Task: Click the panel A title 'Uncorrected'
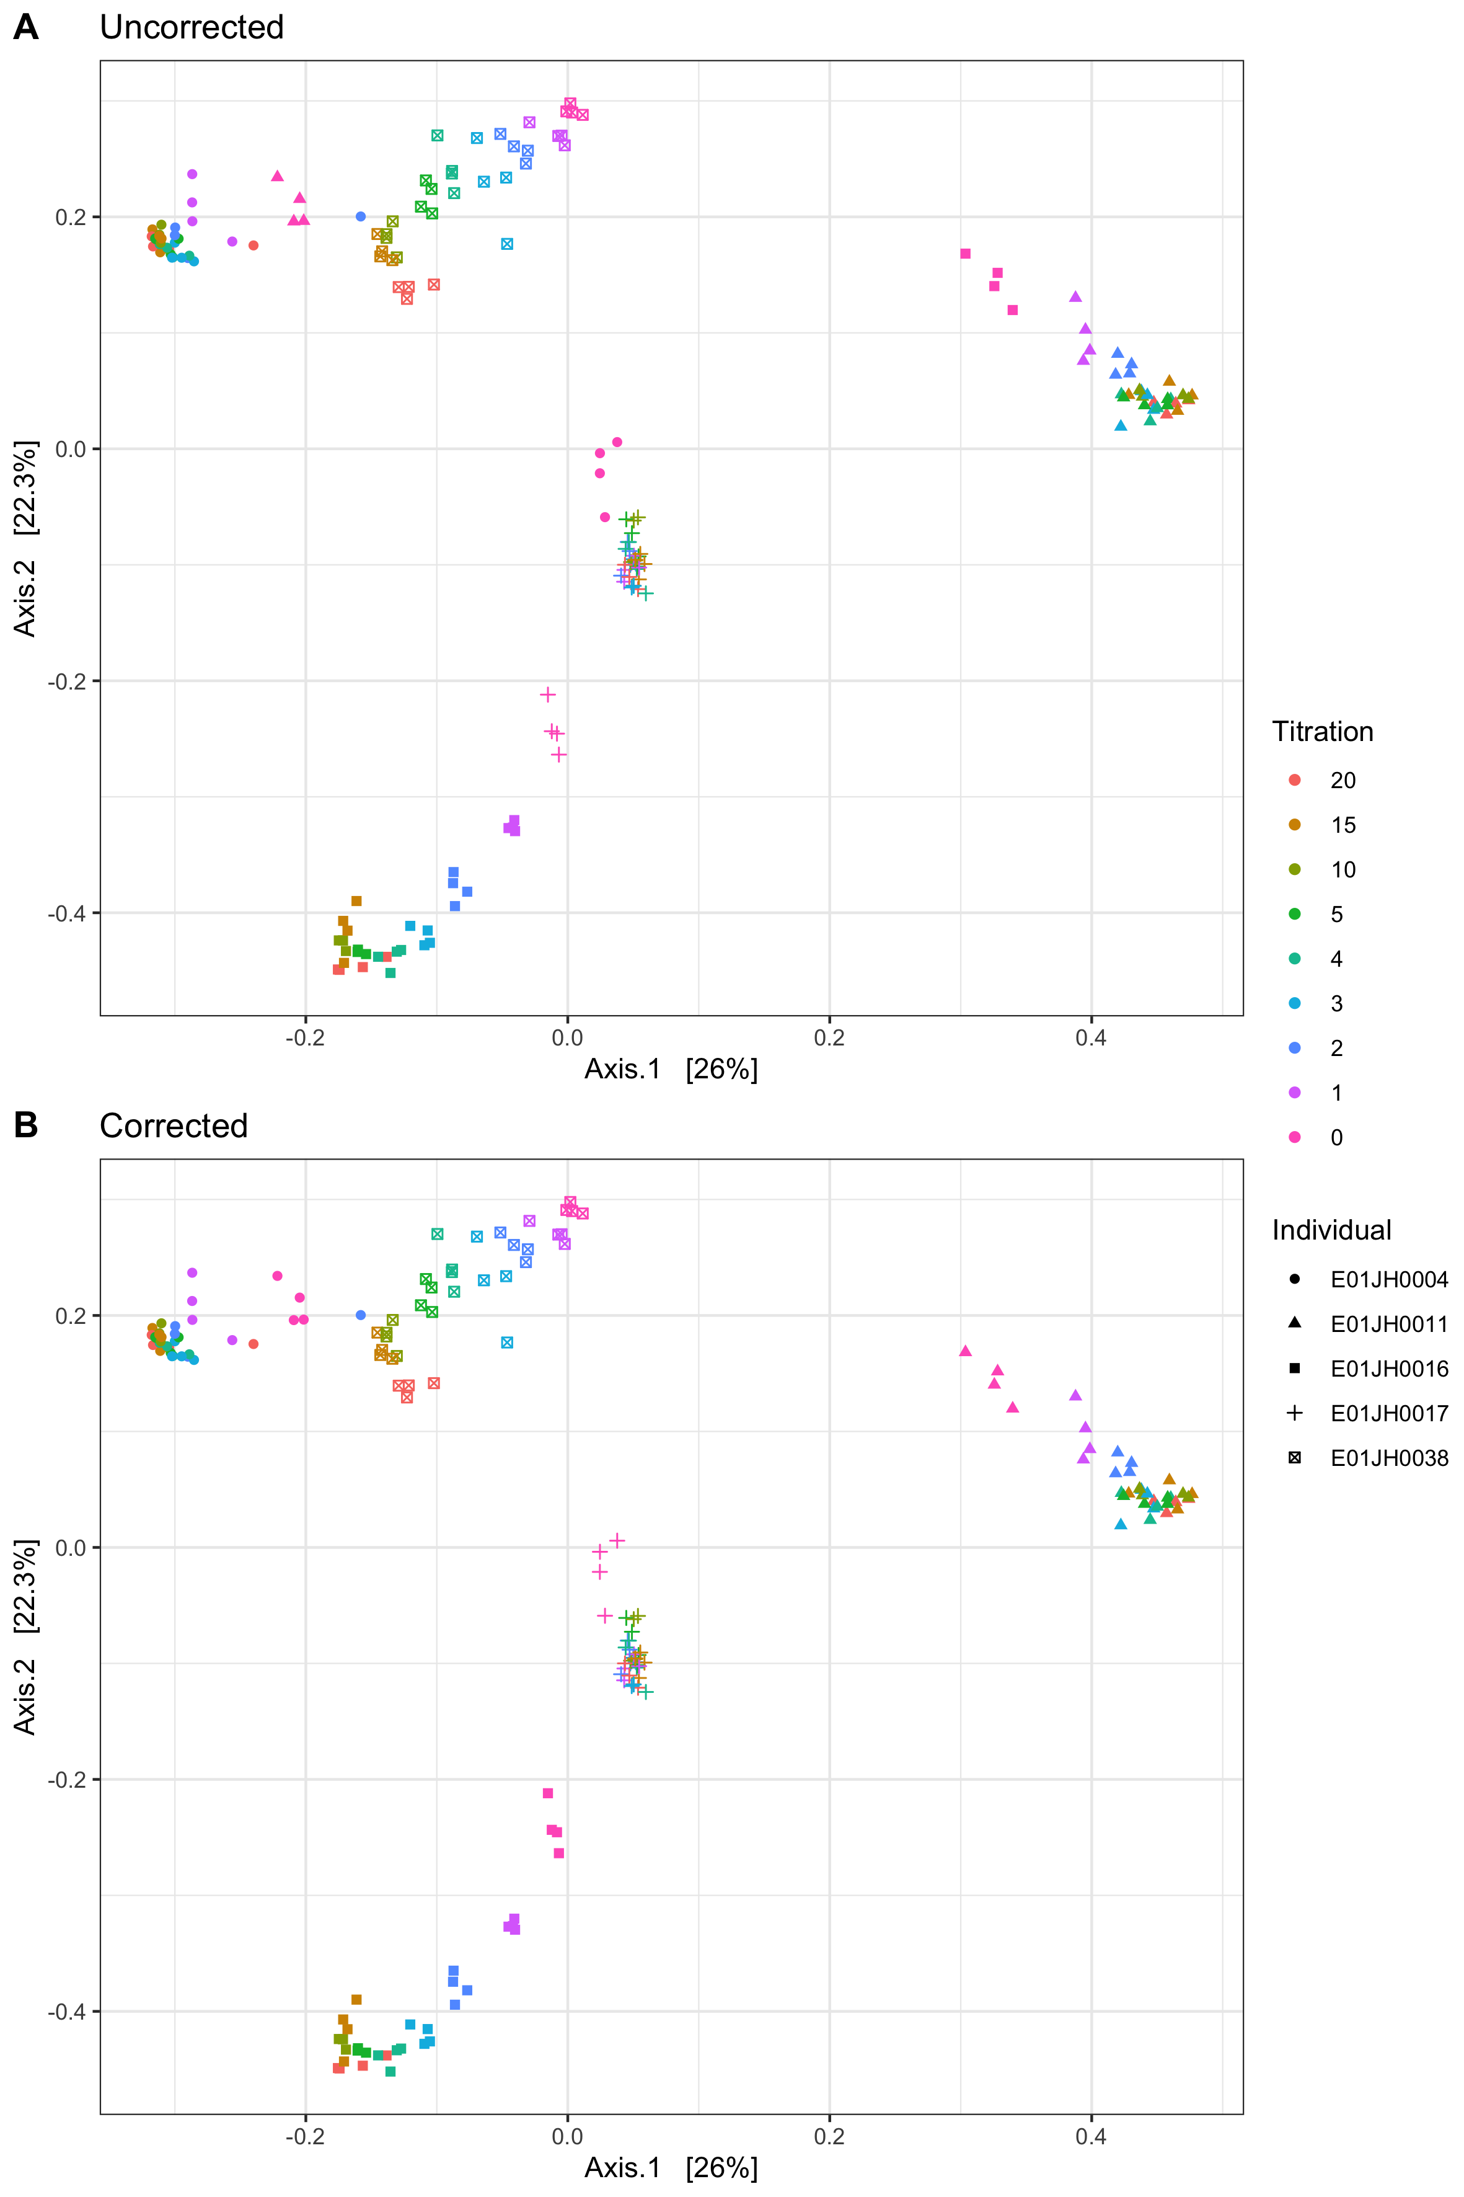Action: click(x=192, y=27)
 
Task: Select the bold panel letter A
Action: click(x=26, y=27)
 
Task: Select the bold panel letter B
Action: click(x=26, y=1125)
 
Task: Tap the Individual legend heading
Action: click(x=1331, y=1230)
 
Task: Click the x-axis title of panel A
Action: click(x=671, y=1070)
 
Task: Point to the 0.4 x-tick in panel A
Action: click(x=1090, y=1038)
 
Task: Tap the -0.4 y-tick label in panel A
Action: click(x=67, y=913)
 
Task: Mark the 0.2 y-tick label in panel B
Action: click(x=71, y=1315)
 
